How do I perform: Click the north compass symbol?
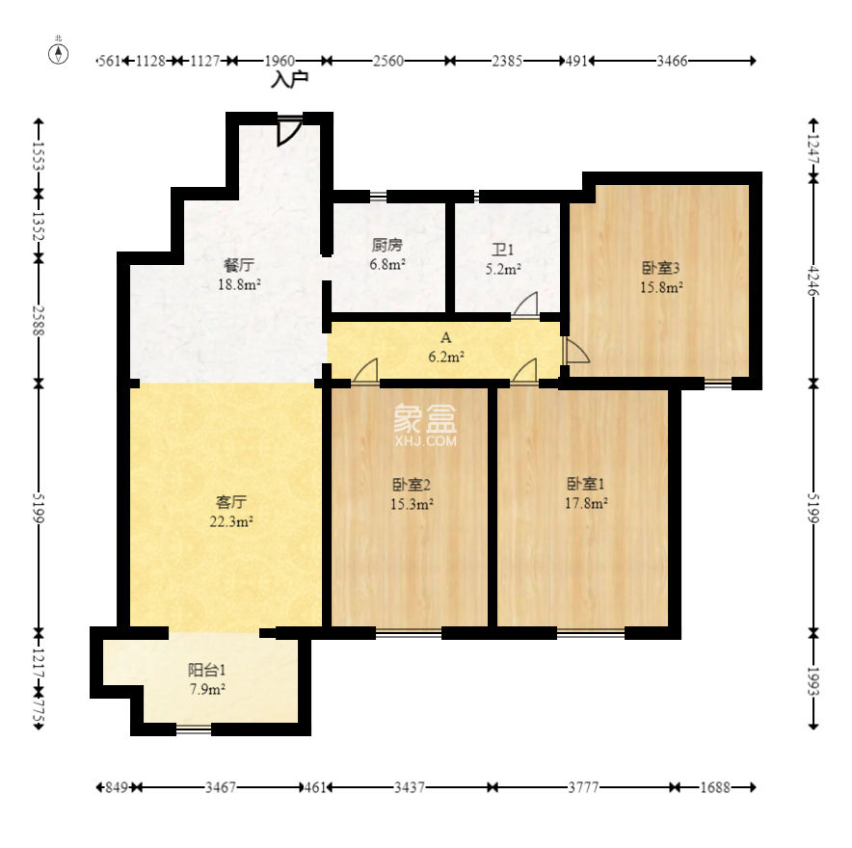tap(59, 53)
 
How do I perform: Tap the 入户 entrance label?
tap(289, 79)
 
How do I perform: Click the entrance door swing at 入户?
tap(289, 131)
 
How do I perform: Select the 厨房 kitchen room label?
tap(386, 245)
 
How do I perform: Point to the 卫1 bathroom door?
tap(525, 305)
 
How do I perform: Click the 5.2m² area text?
tap(503, 269)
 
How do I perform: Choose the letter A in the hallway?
tap(445, 338)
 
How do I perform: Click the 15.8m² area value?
tap(661, 287)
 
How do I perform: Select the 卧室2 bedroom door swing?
tap(365, 372)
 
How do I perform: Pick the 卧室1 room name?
tap(585, 483)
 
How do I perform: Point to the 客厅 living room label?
tap(231, 501)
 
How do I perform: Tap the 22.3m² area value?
tap(231, 521)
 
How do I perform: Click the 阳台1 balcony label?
tap(206, 670)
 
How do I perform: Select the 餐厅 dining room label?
tap(239, 265)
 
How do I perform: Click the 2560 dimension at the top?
tap(388, 61)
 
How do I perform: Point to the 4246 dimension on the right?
tap(813, 280)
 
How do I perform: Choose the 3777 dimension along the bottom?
tap(583, 787)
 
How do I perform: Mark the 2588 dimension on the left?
tap(38, 321)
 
